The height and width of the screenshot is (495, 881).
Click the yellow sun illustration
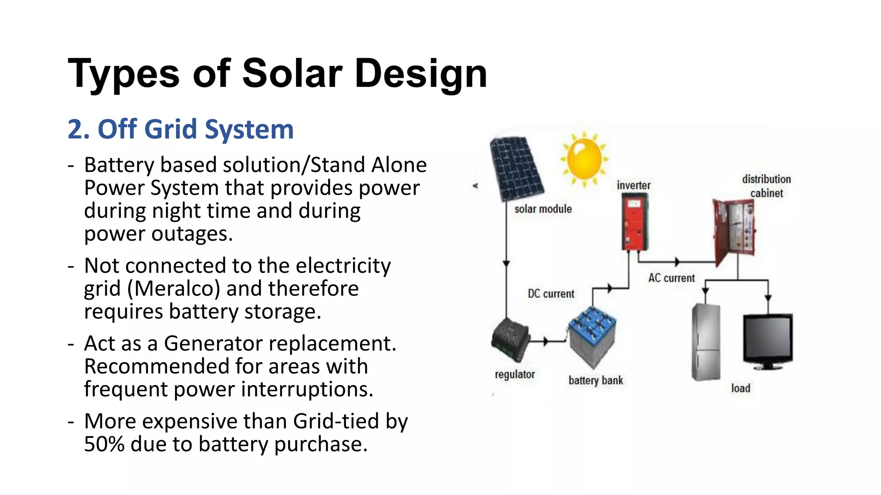[584, 159]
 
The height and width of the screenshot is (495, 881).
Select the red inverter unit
[635, 222]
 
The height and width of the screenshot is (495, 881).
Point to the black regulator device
[510, 339]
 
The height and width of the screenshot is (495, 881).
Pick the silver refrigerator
[705, 342]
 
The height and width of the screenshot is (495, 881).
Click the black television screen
[768, 339]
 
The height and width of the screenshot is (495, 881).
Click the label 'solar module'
[543, 209]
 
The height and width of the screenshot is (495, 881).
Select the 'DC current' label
[551, 294]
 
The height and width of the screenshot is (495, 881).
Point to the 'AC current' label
[672, 278]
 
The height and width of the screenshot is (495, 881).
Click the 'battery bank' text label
[596, 380]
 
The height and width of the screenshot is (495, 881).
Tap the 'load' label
[740, 388]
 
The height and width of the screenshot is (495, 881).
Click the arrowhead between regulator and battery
[545, 342]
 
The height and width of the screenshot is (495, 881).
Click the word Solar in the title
[292, 73]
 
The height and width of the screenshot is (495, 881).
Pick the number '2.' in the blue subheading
[79, 129]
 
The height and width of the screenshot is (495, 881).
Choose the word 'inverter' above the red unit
[633, 186]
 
